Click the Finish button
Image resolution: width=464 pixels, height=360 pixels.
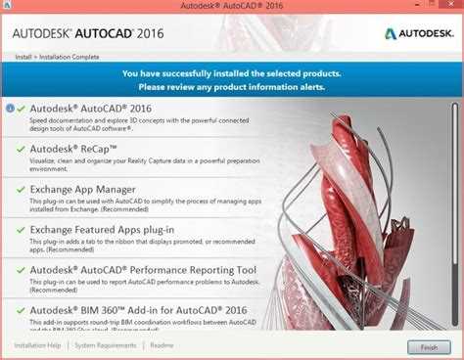(x=429, y=346)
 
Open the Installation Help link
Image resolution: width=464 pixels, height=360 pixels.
(x=37, y=345)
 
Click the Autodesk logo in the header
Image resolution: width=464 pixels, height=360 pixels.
(x=417, y=32)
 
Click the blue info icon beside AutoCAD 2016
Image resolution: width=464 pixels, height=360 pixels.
(x=10, y=109)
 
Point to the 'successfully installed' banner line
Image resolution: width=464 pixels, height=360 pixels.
(x=231, y=73)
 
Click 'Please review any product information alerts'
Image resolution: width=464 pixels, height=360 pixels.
(x=231, y=86)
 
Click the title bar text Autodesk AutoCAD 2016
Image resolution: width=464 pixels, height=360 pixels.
(x=232, y=7)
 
